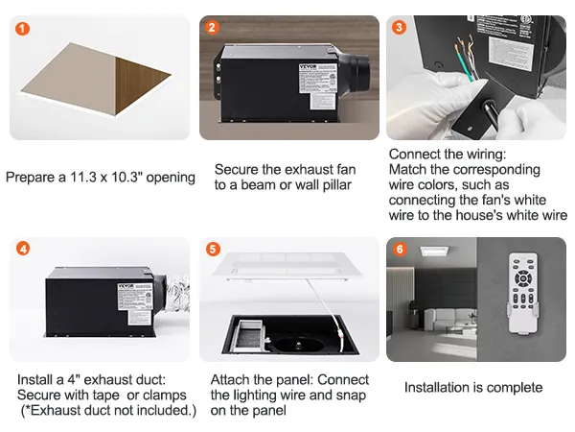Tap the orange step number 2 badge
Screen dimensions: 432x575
(213, 27)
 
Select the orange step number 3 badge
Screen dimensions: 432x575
(400, 27)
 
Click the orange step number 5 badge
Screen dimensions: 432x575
(213, 249)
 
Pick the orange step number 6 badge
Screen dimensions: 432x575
(400, 249)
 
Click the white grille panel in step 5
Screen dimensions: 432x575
(287, 266)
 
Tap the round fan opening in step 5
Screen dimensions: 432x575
(288, 337)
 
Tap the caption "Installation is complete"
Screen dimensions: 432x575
(473, 388)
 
